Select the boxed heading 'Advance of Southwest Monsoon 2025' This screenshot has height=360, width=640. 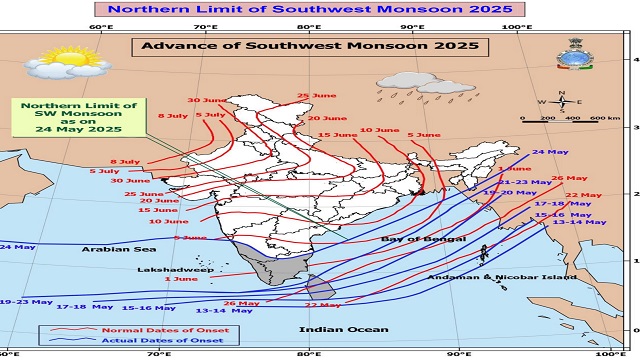coord(309,46)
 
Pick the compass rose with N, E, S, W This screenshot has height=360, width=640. coord(564,101)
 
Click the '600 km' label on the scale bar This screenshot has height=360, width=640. coord(605,118)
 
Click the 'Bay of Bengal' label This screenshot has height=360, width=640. coord(423,240)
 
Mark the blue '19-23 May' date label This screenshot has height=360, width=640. coord(26,301)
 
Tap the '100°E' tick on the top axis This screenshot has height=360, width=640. coord(517,27)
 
